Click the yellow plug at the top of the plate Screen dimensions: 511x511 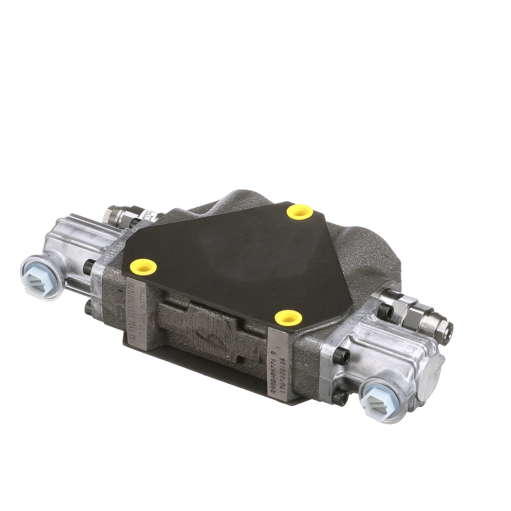[x=300, y=212]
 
